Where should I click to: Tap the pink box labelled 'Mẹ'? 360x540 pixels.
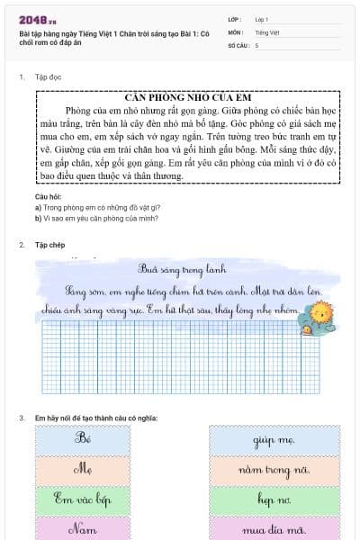pyautogui.click(x=85, y=469)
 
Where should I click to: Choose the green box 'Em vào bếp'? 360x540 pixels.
pyautogui.click(x=85, y=499)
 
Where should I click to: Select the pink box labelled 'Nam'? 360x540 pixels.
pyautogui.click(x=85, y=527)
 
